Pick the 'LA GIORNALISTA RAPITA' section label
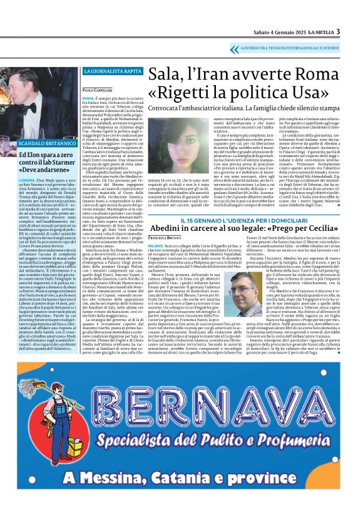(x=108, y=71)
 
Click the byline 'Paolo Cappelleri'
(x=96, y=91)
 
